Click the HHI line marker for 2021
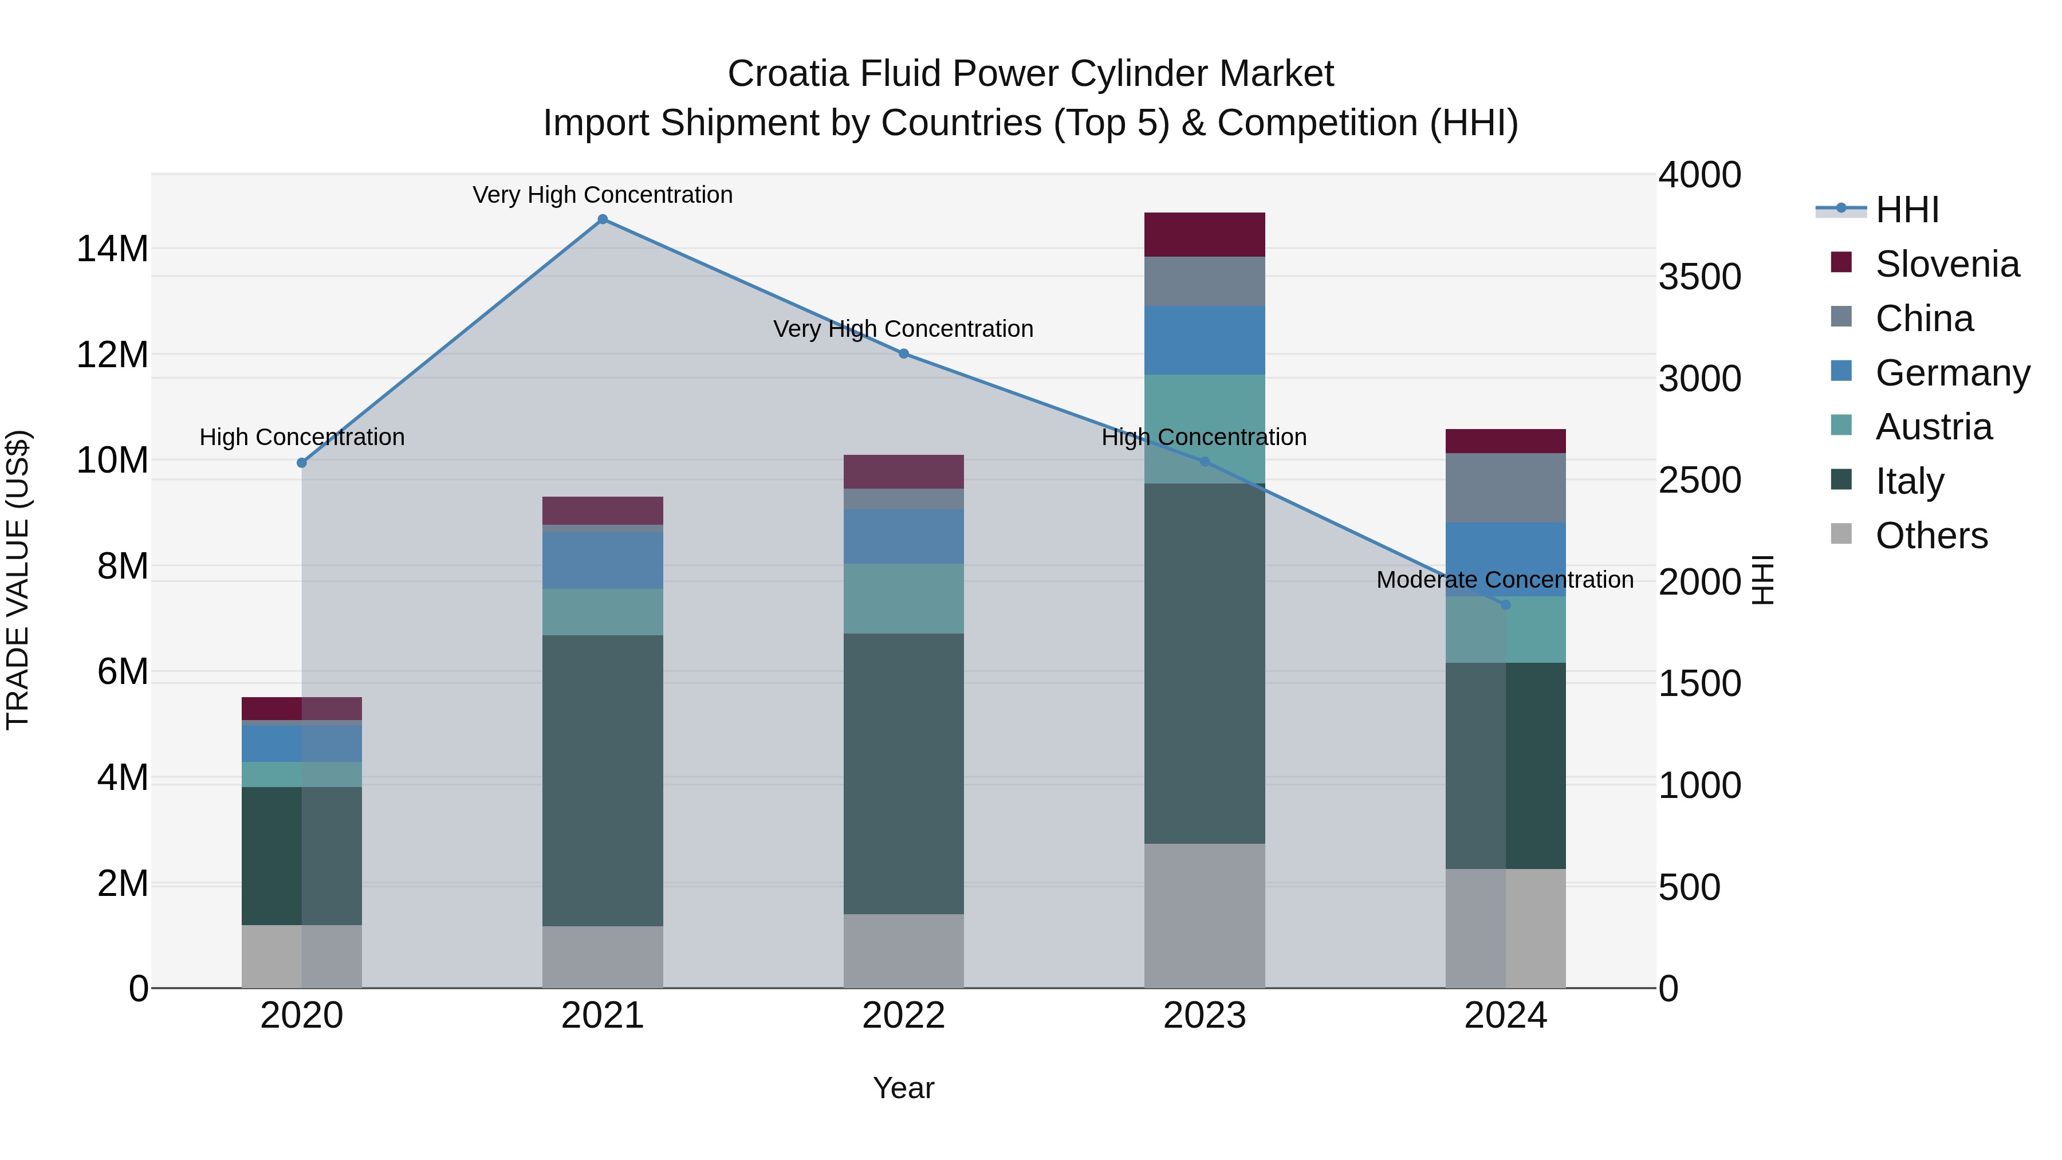pos(603,219)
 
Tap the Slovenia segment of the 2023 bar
pos(1204,234)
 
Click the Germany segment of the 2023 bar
pos(1204,340)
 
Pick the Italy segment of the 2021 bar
pos(603,781)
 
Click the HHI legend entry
pos(1906,210)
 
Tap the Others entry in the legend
pos(1931,536)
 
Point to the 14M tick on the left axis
pos(112,249)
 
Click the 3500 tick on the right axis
pos(1699,277)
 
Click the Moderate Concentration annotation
pos(1504,580)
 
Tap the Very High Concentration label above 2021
pos(603,195)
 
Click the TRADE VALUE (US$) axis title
pos(18,580)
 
